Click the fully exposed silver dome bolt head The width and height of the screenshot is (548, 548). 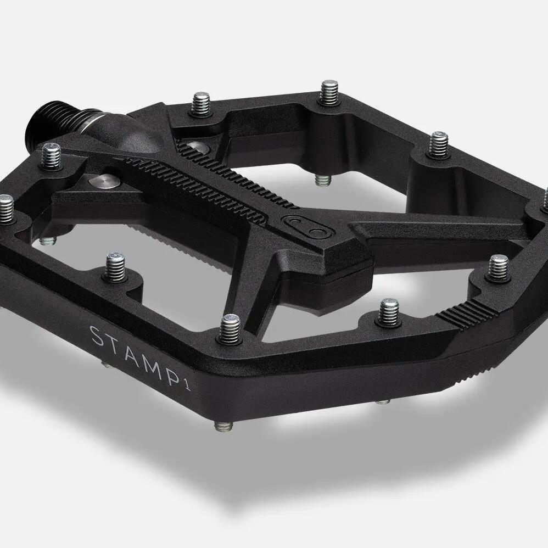pos(104,181)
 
